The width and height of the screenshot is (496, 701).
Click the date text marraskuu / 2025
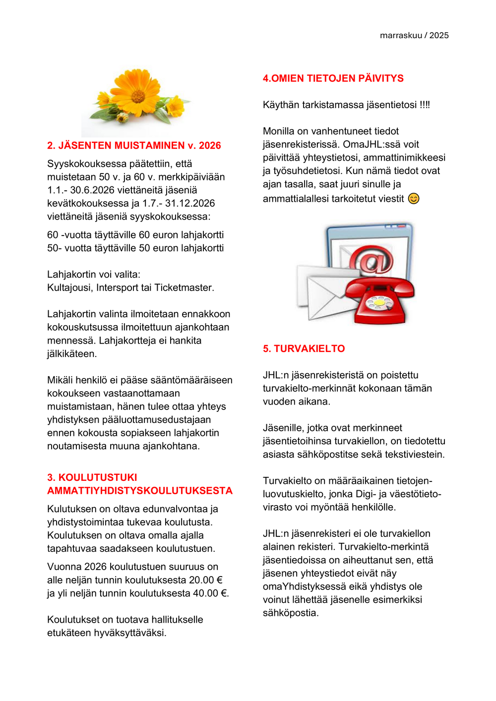tap(414, 35)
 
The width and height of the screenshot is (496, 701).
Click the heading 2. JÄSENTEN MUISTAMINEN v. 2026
tap(134, 145)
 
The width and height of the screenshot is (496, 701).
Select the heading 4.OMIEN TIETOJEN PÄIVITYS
tap(333, 78)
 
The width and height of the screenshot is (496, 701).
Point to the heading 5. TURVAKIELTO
tap(304, 349)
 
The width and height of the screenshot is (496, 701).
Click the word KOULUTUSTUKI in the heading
tap(98, 477)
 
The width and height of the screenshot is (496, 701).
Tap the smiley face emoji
tap(414, 199)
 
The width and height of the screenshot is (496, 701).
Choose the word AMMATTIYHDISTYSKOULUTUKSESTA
tap(140, 491)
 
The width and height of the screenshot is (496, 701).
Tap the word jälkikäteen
tap(72, 354)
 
